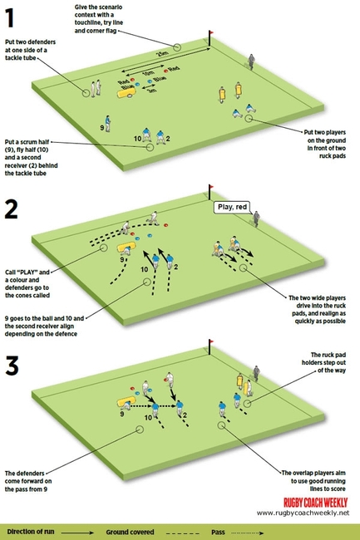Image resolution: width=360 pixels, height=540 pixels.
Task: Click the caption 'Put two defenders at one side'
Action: tap(28, 49)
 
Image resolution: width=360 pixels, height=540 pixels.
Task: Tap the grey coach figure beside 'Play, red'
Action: tap(256, 218)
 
